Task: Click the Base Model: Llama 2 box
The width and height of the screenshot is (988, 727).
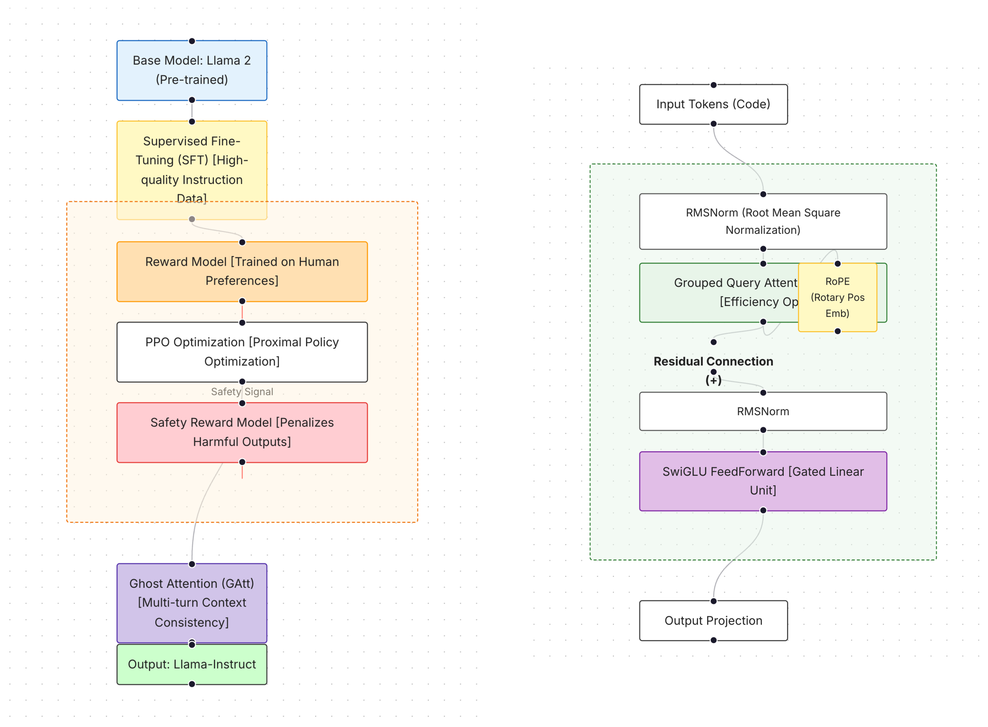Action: [x=192, y=71]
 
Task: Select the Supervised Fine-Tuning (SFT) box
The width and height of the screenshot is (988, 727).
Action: [x=192, y=163]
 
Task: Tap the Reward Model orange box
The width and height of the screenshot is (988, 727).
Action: [x=242, y=272]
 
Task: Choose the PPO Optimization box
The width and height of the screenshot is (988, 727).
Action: [x=242, y=352]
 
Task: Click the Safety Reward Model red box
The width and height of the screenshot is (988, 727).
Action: [x=242, y=432]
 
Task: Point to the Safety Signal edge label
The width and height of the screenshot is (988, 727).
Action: [x=242, y=392]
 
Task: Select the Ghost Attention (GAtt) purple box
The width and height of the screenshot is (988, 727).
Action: [x=192, y=603]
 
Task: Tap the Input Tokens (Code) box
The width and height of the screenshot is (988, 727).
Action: [x=713, y=104]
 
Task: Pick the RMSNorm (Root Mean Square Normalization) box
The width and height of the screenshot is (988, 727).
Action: [x=763, y=221]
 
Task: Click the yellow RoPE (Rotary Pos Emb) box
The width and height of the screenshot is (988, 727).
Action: [x=837, y=297]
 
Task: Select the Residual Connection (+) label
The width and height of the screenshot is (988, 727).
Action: [x=713, y=362]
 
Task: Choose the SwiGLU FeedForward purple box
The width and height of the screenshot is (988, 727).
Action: [x=763, y=481]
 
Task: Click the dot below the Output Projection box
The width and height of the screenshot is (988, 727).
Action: [x=713, y=640]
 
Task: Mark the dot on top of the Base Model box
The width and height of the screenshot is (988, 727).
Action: [x=192, y=41]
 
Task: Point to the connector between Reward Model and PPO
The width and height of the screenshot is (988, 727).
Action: [x=242, y=312]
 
